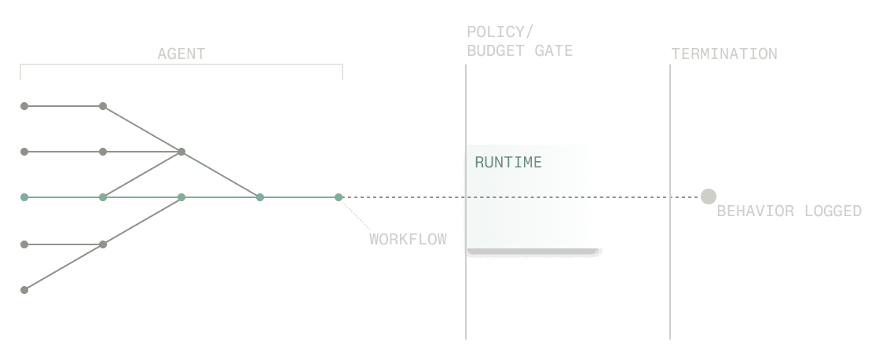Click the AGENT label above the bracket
coord(181,54)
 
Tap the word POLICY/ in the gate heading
coord(500,32)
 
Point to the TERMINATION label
coord(724,54)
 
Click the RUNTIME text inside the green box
coord(508,163)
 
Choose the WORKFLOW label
coord(408,240)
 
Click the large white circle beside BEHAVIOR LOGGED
coord(709,197)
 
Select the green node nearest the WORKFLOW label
coord(339,197)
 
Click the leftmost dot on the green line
coord(24,197)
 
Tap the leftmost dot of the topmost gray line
coord(24,105)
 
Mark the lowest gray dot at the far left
coord(24,290)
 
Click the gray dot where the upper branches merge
coord(181,152)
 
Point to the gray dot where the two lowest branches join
coord(103,244)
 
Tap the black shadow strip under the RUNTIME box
coord(534,253)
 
